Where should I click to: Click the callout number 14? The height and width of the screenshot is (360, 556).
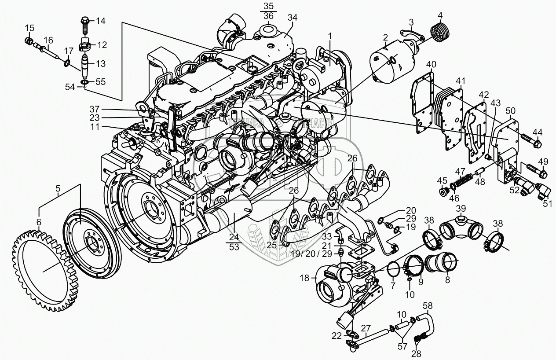click(101, 21)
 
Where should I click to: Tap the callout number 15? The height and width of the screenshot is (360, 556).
click(29, 29)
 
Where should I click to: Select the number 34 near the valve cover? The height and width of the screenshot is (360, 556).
click(293, 18)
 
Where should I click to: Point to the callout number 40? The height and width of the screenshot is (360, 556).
click(431, 64)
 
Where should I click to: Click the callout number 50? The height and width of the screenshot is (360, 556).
click(511, 110)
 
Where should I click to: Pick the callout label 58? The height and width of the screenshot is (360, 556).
click(428, 305)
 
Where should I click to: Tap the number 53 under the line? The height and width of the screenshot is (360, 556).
click(234, 247)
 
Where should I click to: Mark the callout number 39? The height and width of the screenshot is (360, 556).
click(460, 208)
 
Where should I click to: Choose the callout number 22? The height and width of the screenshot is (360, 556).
click(336, 336)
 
